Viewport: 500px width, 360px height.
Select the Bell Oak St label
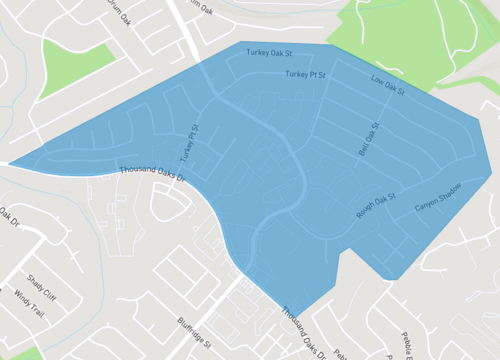click(x=369, y=139)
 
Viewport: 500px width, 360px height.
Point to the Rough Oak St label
click(x=376, y=205)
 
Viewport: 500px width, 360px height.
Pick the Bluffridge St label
click(x=196, y=331)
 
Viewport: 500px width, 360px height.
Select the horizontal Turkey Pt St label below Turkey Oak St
click(x=306, y=75)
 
